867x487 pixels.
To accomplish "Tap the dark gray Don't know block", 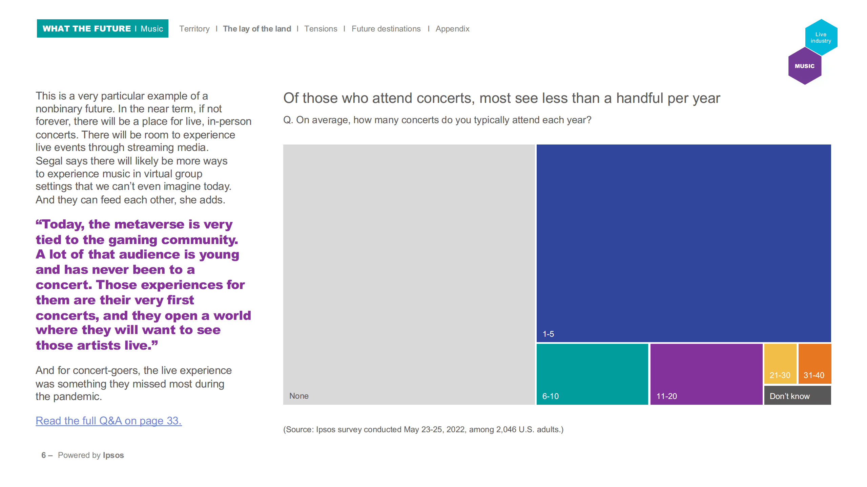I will (797, 395).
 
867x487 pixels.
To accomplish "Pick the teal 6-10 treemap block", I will (592, 374).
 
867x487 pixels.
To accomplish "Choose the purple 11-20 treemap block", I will (706, 374).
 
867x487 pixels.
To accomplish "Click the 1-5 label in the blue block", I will (548, 334).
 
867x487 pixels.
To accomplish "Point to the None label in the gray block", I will (299, 396).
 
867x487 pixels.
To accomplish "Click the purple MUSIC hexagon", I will (805, 66).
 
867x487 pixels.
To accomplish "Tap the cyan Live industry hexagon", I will (821, 37).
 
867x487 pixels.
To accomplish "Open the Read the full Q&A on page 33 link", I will (109, 421).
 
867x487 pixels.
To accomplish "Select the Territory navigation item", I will (194, 29).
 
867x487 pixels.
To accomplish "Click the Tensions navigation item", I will (321, 29).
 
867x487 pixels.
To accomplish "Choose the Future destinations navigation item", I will (386, 29).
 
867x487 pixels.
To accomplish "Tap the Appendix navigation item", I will (452, 29).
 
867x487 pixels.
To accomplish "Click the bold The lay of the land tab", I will (257, 29).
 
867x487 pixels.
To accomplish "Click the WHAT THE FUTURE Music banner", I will (103, 28).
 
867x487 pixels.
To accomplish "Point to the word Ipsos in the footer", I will (113, 455).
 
